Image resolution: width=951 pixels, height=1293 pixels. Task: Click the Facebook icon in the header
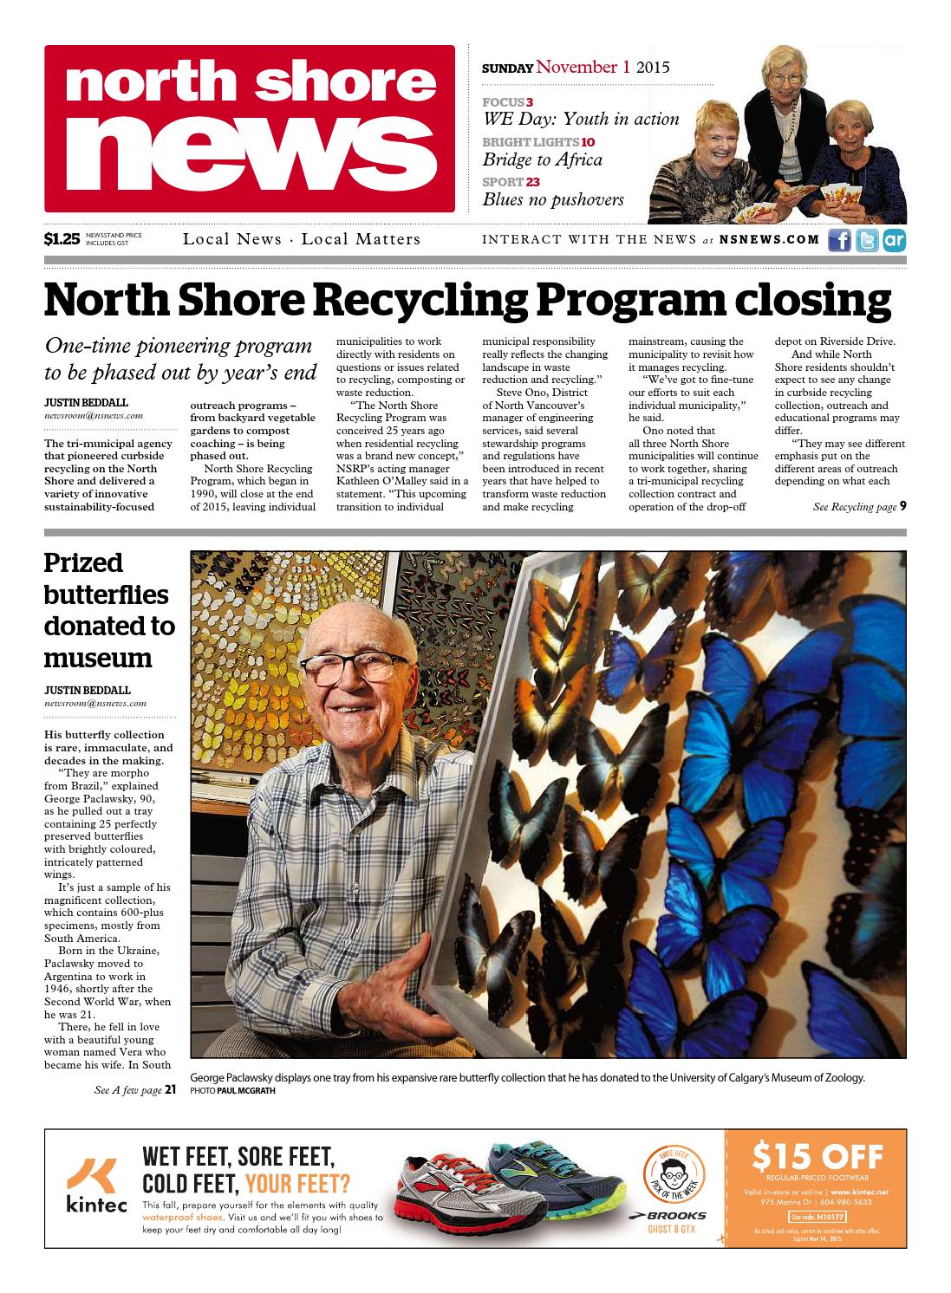[x=839, y=240]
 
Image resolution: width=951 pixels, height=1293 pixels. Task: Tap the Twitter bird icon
[x=866, y=240]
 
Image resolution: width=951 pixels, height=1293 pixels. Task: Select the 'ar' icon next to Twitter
[x=894, y=240]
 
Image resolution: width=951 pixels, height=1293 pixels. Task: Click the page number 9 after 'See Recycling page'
[x=902, y=506]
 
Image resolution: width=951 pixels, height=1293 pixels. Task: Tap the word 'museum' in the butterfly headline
[x=98, y=658]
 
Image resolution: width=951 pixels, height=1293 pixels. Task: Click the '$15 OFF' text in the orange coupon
[x=818, y=1157]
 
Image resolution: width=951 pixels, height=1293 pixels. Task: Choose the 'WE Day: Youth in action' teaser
[x=581, y=120]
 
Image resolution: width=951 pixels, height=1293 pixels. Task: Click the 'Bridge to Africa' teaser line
[x=542, y=159]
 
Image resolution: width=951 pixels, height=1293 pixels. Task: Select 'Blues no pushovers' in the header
[x=553, y=199]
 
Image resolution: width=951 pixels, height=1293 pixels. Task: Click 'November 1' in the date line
[x=583, y=67]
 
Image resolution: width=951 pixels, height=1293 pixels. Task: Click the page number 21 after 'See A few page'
[x=171, y=1090]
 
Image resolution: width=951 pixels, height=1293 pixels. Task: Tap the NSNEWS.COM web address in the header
[x=769, y=240]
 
